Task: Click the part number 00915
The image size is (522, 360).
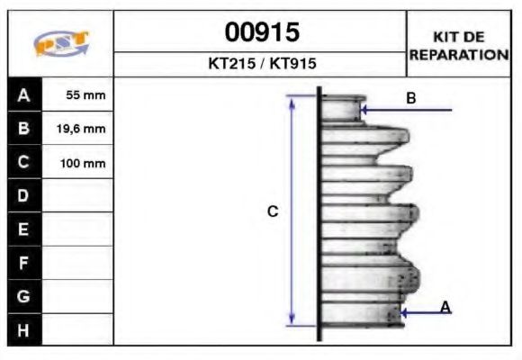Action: pyautogui.click(x=261, y=33)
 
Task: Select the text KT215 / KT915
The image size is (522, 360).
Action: pyautogui.click(x=261, y=65)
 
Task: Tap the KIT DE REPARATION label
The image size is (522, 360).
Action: pyautogui.click(x=458, y=45)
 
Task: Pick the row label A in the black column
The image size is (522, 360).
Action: pyautogui.click(x=24, y=94)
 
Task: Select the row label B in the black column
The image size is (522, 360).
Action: pyautogui.click(x=24, y=129)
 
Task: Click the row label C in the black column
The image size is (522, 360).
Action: pyautogui.click(x=24, y=163)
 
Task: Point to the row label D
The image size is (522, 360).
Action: pyautogui.click(x=24, y=195)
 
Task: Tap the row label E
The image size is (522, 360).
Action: pyautogui.click(x=24, y=229)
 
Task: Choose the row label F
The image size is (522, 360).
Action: pyautogui.click(x=24, y=263)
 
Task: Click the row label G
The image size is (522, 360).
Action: pyautogui.click(x=24, y=296)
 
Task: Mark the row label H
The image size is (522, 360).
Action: pyautogui.click(x=24, y=329)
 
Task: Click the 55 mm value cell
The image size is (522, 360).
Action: pyautogui.click(x=80, y=94)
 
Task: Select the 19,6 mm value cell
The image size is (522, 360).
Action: pyautogui.click(x=80, y=129)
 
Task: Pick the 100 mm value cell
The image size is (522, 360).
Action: pyautogui.click(x=80, y=163)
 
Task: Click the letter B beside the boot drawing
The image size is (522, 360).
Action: pyautogui.click(x=411, y=98)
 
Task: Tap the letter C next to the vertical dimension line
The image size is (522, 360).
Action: pyautogui.click(x=273, y=211)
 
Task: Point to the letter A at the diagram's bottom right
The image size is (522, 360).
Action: pyautogui.click(x=445, y=308)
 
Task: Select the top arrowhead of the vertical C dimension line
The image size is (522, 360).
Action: pyautogui.click(x=292, y=99)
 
